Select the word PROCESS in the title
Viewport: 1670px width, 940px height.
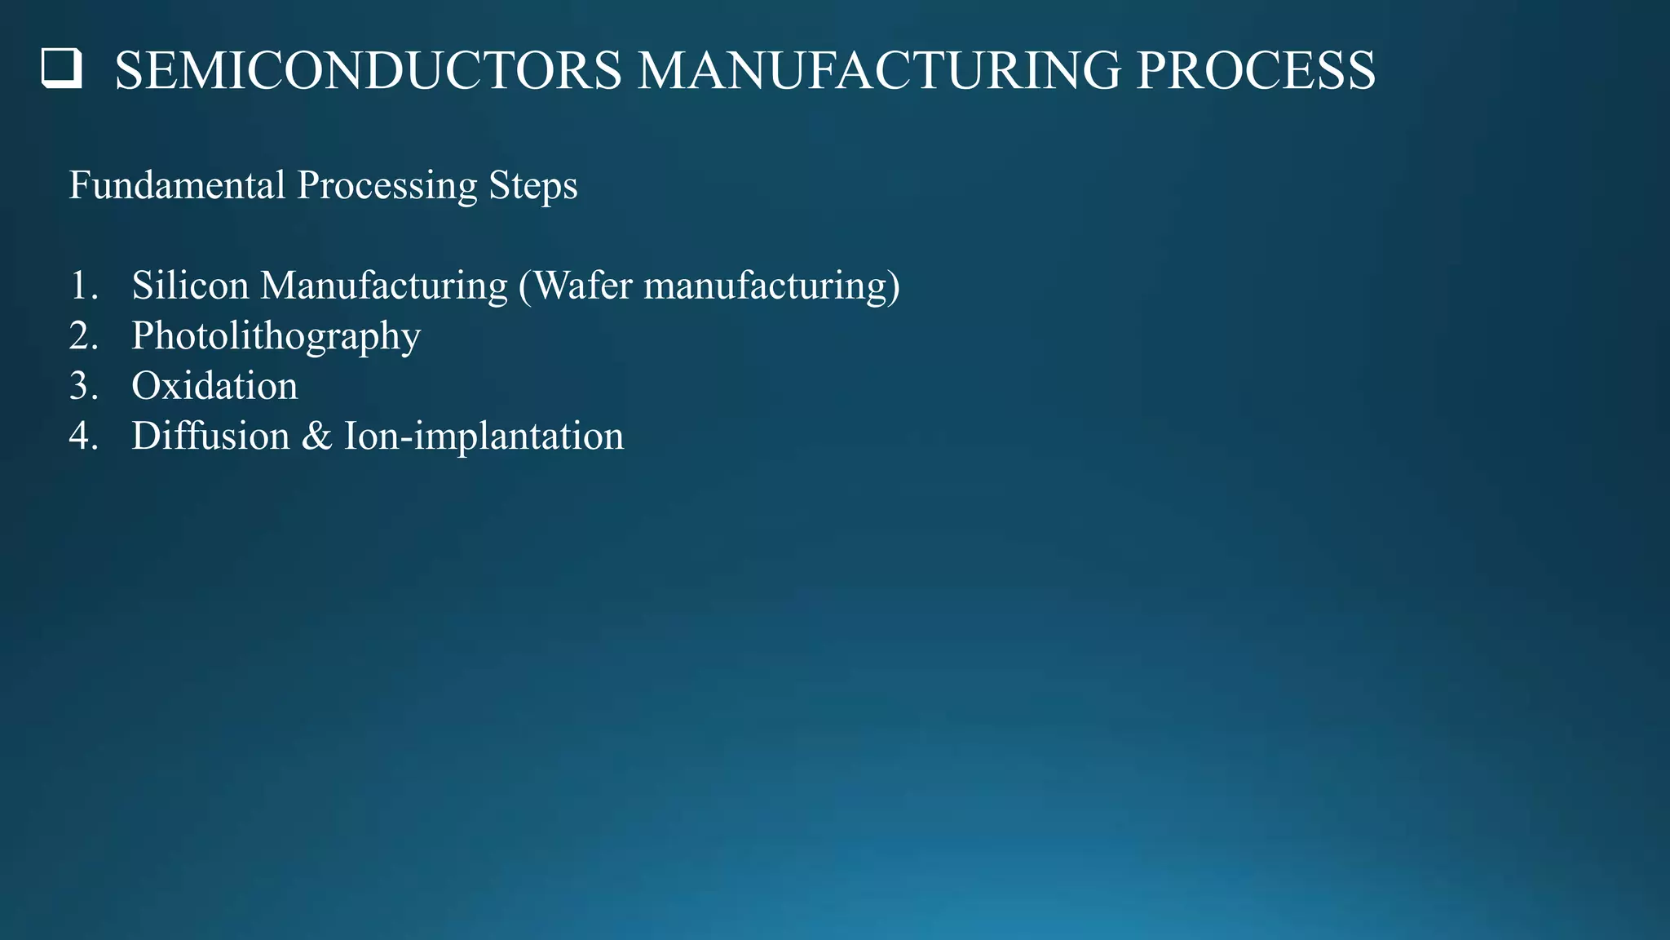coord(1256,71)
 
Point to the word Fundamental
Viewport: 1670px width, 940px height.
coord(177,185)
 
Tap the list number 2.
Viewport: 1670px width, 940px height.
coord(83,336)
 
